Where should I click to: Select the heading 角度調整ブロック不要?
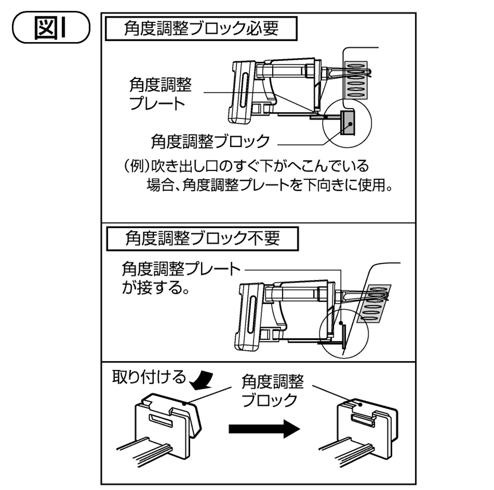pyautogui.click(x=203, y=238)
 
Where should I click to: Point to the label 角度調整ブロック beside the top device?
pyautogui.click(x=210, y=141)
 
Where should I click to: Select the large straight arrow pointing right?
pyautogui.click(x=265, y=429)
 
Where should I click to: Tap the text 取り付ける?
pyautogui.click(x=148, y=377)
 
